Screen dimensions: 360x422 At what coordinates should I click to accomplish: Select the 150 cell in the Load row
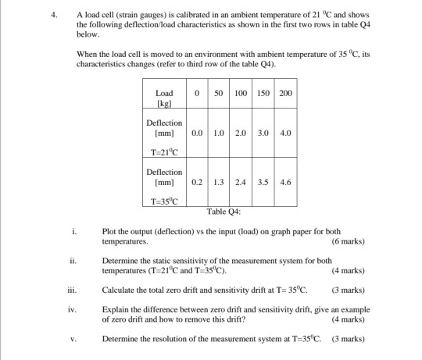coord(265,94)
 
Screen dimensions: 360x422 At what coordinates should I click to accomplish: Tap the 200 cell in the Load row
coord(285,94)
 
